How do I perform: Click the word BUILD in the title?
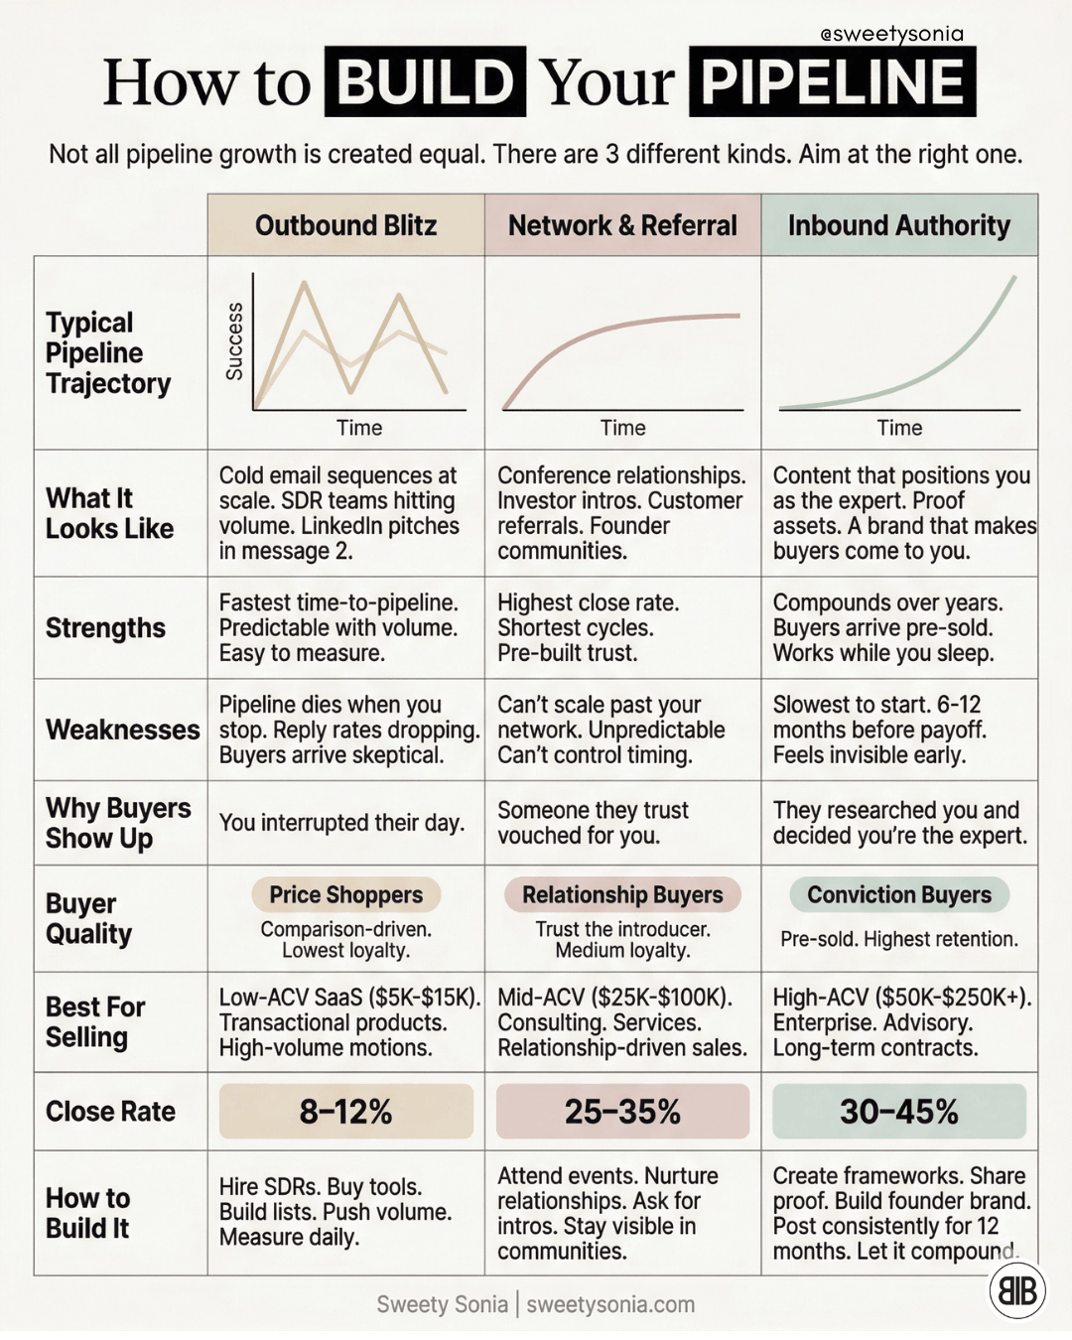click(426, 81)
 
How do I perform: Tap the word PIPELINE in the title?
click(832, 81)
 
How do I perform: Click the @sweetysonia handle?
click(892, 35)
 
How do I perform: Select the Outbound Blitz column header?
click(345, 224)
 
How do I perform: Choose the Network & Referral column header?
click(622, 224)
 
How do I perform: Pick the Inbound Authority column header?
click(899, 224)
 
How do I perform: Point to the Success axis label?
click(234, 341)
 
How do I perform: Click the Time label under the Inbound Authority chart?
click(899, 428)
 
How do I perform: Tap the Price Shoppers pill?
click(345, 894)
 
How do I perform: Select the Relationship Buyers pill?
click(622, 894)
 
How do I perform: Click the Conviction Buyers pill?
click(899, 894)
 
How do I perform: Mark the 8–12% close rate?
click(345, 1112)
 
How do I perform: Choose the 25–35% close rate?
click(622, 1112)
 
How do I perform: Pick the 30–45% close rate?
click(899, 1112)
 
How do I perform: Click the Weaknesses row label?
click(123, 730)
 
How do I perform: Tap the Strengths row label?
click(105, 628)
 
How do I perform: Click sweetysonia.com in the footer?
click(610, 1304)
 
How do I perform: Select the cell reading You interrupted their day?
click(342, 823)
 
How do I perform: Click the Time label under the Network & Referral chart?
click(623, 428)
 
